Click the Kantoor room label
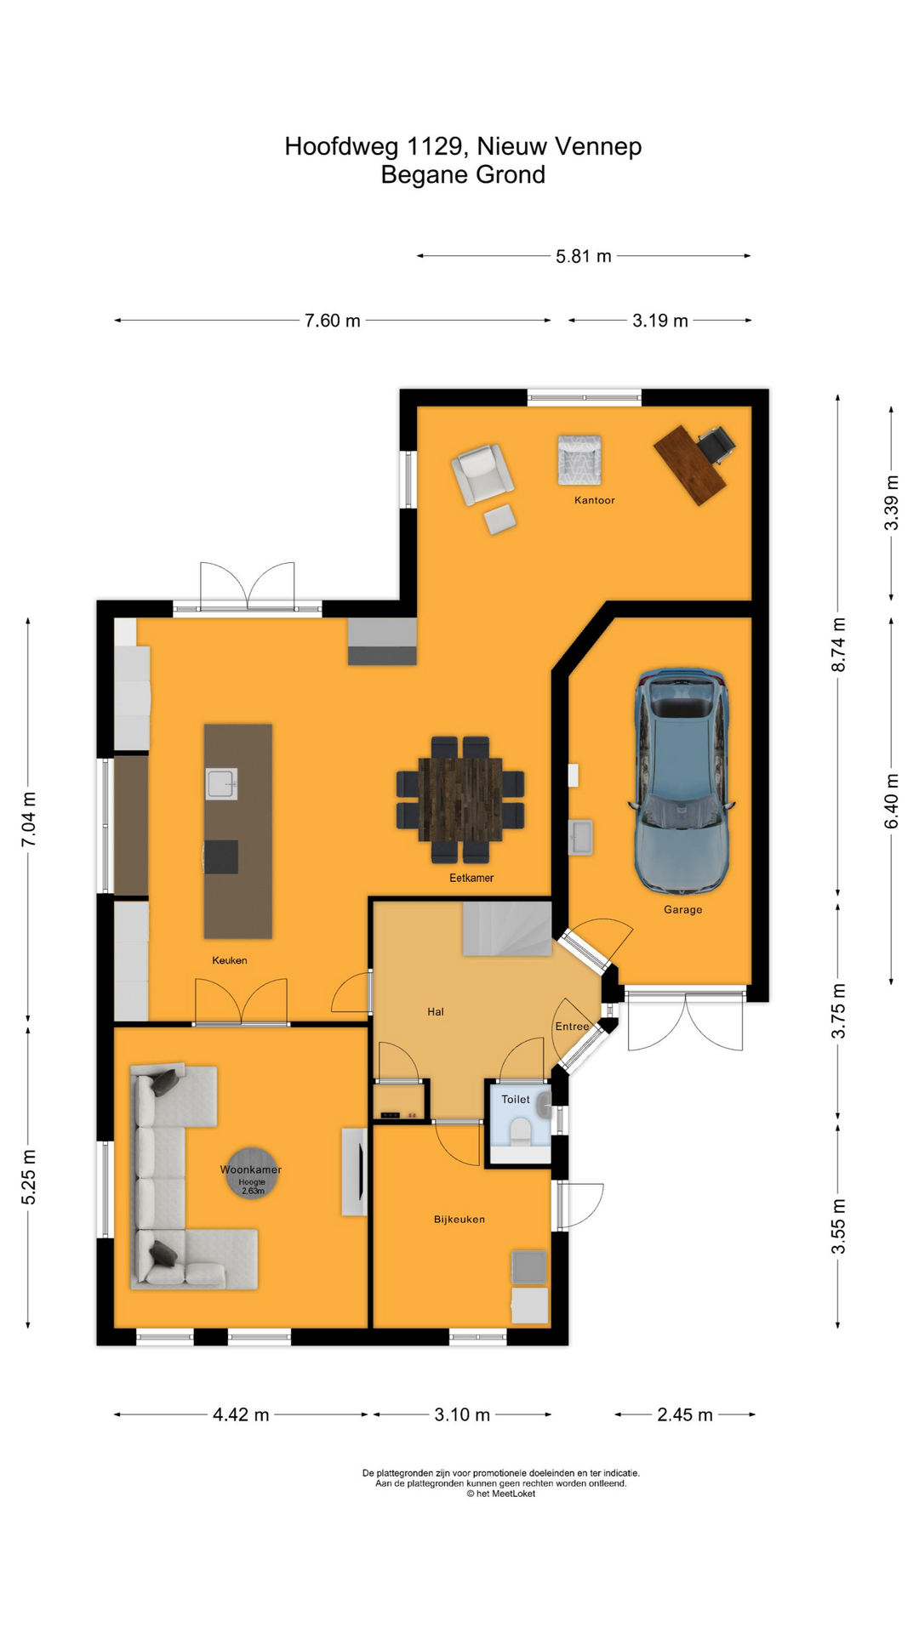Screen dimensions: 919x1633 click(x=594, y=500)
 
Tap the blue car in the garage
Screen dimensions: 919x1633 click(x=682, y=781)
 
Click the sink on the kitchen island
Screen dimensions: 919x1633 click(x=221, y=784)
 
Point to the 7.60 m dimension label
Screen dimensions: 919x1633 click(x=333, y=321)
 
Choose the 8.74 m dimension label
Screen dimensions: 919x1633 click(x=839, y=645)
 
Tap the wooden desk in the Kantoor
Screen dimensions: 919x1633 click(x=690, y=465)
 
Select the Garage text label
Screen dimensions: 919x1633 click(x=683, y=909)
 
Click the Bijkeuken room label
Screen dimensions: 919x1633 click(x=459, y=1219)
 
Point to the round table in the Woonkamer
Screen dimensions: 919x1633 click(x=252, y=1174)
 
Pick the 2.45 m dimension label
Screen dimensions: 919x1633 click(x=685, y=1414)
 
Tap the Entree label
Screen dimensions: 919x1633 click(x=572, y=1027)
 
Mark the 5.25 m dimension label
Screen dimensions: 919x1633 click(x=29, y=1176)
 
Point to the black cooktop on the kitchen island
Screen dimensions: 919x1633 click(x=221, y=856)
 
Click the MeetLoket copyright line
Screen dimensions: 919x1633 click(x=501, y=1494)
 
